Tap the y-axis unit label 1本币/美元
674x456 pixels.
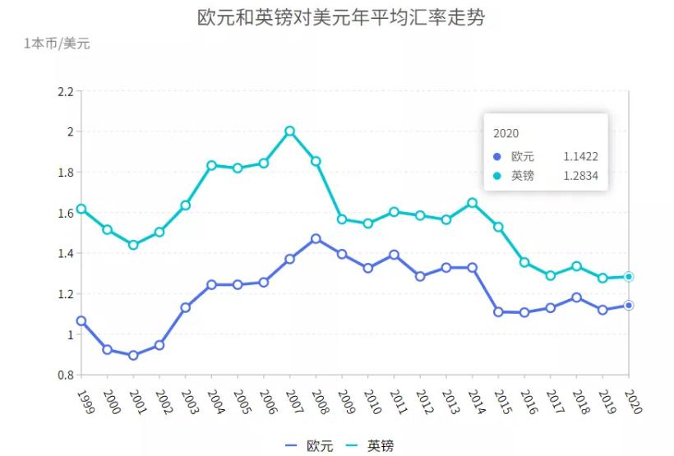coord(57,44)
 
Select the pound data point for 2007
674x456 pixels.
coord(289,131)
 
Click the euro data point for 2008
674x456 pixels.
coord(316,239)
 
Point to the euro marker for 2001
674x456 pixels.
coord(133,355)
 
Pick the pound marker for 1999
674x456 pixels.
coord(81,209)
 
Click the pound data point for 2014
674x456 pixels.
coord(473,203)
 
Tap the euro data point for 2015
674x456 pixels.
coord(498,312)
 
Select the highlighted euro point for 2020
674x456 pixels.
coord(629,306)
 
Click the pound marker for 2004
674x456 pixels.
coord(211,165)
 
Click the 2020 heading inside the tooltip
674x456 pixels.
coord(505,133)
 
